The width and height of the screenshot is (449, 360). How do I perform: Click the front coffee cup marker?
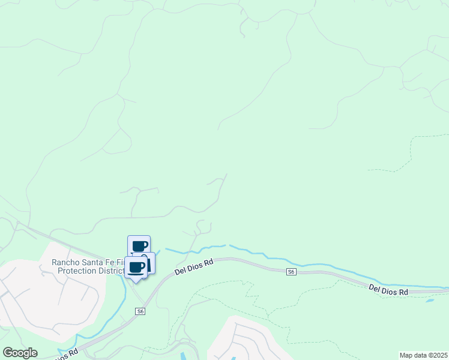coord(136,267)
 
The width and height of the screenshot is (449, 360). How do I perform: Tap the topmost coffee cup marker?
coord(139,245)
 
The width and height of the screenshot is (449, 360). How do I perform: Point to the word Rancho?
coord(66,262)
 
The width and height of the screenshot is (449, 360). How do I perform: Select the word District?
coord(109,271)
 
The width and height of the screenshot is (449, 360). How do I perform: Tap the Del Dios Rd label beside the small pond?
coord(388,290)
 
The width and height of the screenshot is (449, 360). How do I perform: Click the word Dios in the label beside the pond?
coord(388,290)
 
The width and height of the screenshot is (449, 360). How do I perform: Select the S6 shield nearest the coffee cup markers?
coord(140,311)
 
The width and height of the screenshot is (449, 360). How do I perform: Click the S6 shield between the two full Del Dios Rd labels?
coord(291,272)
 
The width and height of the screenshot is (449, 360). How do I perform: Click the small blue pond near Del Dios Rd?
coord(430,299)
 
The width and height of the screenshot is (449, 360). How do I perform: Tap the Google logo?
coord(20,353)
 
